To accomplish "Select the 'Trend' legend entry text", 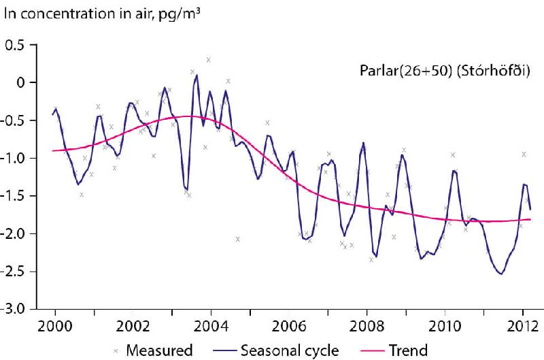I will pos(408,350).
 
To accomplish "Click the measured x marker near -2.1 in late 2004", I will pos(238,239).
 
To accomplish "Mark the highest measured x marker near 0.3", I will pos(209,60).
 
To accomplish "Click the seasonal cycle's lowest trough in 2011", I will pos(501,274).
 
